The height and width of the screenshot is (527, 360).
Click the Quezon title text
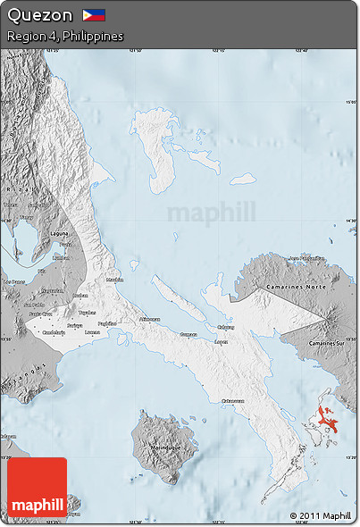point(39,15)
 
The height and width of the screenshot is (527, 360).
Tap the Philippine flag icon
point(94,15)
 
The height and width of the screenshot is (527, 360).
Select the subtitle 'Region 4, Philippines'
point(64,37)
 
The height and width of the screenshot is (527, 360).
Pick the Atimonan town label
point(149,319)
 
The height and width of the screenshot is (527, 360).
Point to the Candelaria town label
point(54,331)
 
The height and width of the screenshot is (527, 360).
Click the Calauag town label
point(226,327)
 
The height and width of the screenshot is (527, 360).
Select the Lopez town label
point(222,341)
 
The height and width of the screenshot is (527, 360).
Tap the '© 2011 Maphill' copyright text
point(320,515)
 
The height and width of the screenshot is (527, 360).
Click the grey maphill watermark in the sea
point(211,213)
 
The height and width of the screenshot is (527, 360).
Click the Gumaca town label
point(188,334)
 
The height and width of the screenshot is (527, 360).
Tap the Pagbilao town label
point(107,323)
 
